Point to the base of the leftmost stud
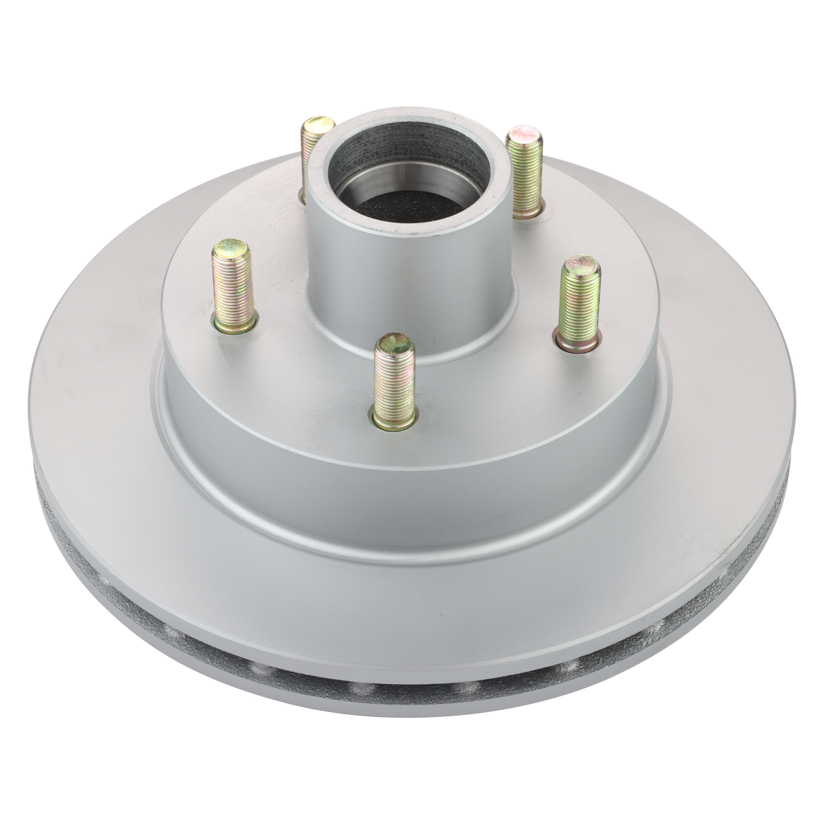point(235,325)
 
